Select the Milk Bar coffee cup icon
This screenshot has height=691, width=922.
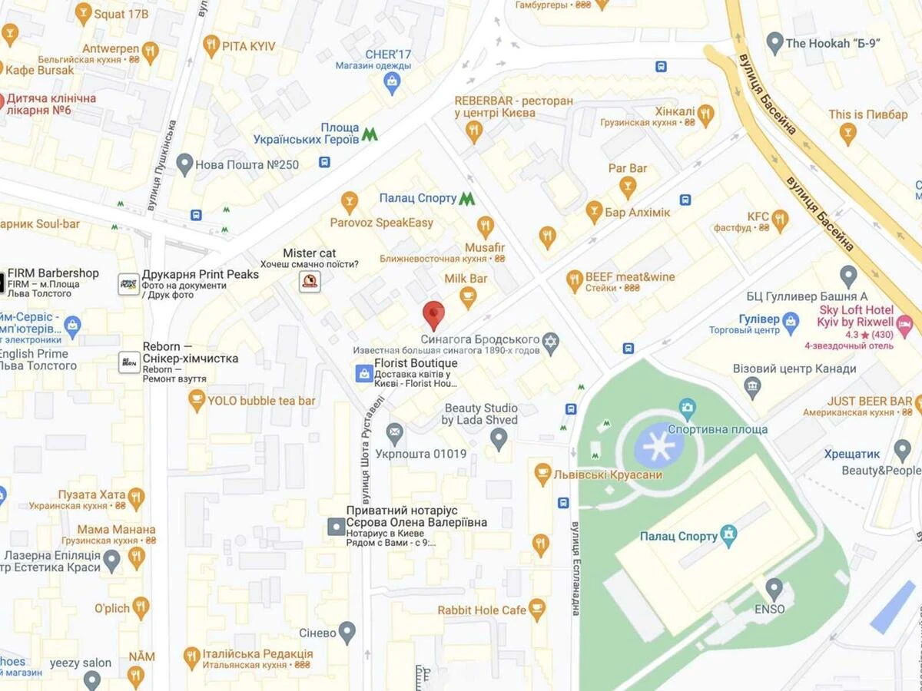coord(468,295)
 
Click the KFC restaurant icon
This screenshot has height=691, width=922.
coord(780,219)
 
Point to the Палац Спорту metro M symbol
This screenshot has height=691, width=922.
coord(466,198)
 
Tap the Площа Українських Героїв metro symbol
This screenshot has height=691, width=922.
coord(370,134)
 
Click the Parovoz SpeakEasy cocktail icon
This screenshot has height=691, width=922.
coord(350,201)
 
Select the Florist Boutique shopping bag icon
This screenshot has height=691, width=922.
coord(364,373)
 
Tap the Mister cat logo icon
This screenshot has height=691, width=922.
coord(310,281)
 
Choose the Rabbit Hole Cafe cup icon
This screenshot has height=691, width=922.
coord(536,610)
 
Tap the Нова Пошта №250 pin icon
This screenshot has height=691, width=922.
coord(184,163)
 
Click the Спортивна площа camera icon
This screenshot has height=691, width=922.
coord(688,406)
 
